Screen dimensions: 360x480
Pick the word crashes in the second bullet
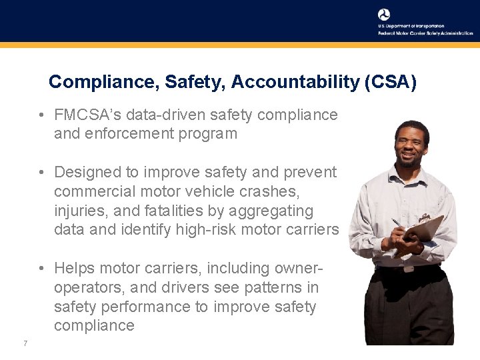pyautogui.click(x=272, y=191)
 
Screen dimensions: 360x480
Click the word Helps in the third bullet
pyautogui.click(x=74, y=268)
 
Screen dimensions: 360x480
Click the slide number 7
pyautogui.click(x=25, y=343)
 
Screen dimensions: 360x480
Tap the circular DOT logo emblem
pyautogui.click(x=384, y=15)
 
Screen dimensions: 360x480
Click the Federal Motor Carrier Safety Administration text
pyautogui.click(x=425, y=33)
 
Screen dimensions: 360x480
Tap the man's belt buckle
pyautogui.click(x=407, y=268)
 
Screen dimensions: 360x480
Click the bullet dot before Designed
pyautogui.click(x=41, y=172)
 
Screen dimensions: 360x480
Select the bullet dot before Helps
pyautogui.click(x=41, y=268)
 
